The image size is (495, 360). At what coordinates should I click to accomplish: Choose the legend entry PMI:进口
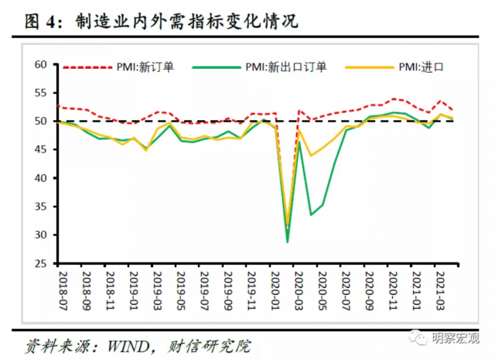pyautogui.click(x=421, y=67)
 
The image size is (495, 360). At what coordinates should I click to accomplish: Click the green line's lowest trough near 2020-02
pyautogui.click(x=288, y=242)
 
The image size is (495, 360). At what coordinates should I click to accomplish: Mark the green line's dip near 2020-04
pyautogui.click(x=311, y=214)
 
